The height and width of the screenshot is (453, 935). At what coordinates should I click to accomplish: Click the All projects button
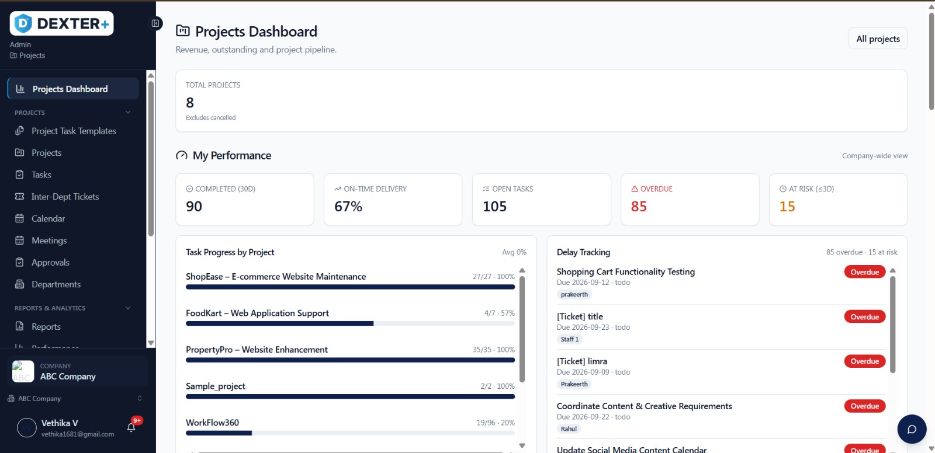[877, 39]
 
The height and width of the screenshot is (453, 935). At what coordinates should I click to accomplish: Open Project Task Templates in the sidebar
[74, 131]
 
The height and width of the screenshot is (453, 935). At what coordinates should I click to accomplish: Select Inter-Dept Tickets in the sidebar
[65, 197]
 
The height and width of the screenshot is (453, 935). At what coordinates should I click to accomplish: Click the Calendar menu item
[48, 218]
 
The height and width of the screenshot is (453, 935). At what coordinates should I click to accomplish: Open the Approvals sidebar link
[50, 262]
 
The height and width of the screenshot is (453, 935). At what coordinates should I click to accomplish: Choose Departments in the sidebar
[56, 284]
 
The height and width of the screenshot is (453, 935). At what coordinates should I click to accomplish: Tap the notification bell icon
[131, 427]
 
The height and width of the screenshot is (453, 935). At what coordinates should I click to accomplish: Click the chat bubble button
[912, 429]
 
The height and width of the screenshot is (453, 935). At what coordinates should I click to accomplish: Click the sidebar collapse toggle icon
[155, 23]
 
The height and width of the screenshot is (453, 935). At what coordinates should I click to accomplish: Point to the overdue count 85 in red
[639, 207]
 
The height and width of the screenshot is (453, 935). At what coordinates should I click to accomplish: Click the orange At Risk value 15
[787, 207]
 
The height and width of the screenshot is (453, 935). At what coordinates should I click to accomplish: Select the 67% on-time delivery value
[348, 207]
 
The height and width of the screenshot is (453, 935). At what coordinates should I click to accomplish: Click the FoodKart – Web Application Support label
[257, 313]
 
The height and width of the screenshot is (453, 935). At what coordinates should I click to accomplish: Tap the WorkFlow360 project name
[213, 423]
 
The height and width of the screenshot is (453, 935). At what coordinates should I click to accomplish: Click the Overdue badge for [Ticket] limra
[864, 361]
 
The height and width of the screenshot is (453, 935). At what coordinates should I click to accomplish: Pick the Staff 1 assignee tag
[569, 339]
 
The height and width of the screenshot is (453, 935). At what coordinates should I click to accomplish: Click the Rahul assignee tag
[569, 429]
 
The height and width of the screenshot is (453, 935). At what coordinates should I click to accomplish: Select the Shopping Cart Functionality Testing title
[626, 272]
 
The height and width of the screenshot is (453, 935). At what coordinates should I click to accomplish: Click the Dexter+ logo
[62, 23]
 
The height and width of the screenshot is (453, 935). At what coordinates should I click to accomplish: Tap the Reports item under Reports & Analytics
[46, 326]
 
